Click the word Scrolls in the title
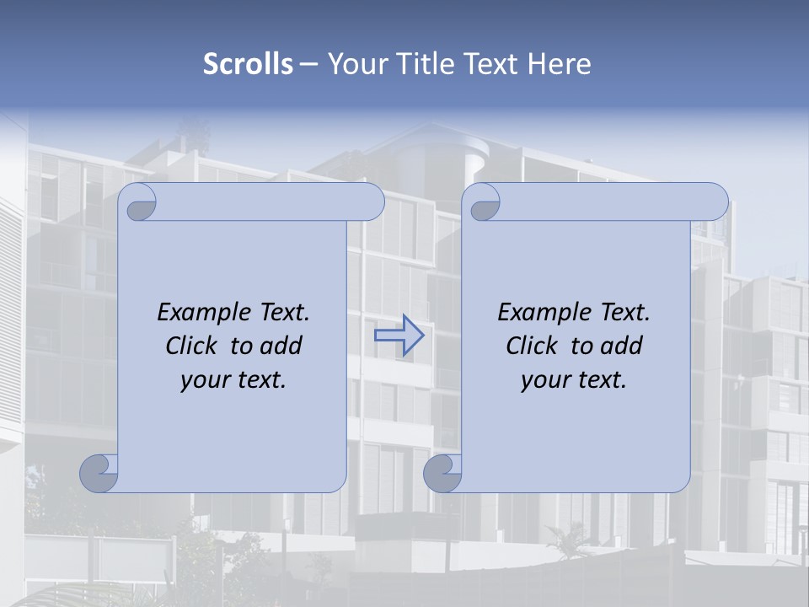point(248,63)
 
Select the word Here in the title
point(560,63)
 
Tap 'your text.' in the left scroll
point(233,379)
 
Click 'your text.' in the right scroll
point(574,379)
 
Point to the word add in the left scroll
point(281,346)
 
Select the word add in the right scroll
point(622,346)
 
